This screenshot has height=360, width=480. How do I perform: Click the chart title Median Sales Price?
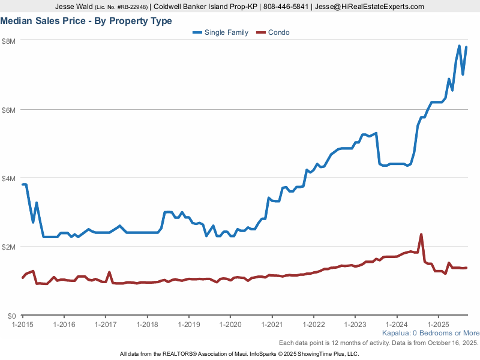[x=86, y=21]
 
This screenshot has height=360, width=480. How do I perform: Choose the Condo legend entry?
[x=278, y=32]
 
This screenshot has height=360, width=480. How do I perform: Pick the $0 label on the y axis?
[x=11, y=316]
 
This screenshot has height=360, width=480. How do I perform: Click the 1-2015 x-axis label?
[x=22, y=324]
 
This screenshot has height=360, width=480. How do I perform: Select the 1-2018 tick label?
[x=147, y=324]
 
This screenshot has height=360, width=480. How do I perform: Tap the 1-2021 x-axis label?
[x=272, y=324]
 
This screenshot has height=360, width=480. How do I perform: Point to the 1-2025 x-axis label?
[x=439, y=324]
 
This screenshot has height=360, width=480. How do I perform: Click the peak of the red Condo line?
[x=421, y=235]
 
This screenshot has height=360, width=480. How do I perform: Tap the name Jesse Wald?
[x=74, y=7]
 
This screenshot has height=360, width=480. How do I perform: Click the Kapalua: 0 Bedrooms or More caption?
[x=430, y=333]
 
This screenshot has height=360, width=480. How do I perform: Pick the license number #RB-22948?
[x=131, y=7]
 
